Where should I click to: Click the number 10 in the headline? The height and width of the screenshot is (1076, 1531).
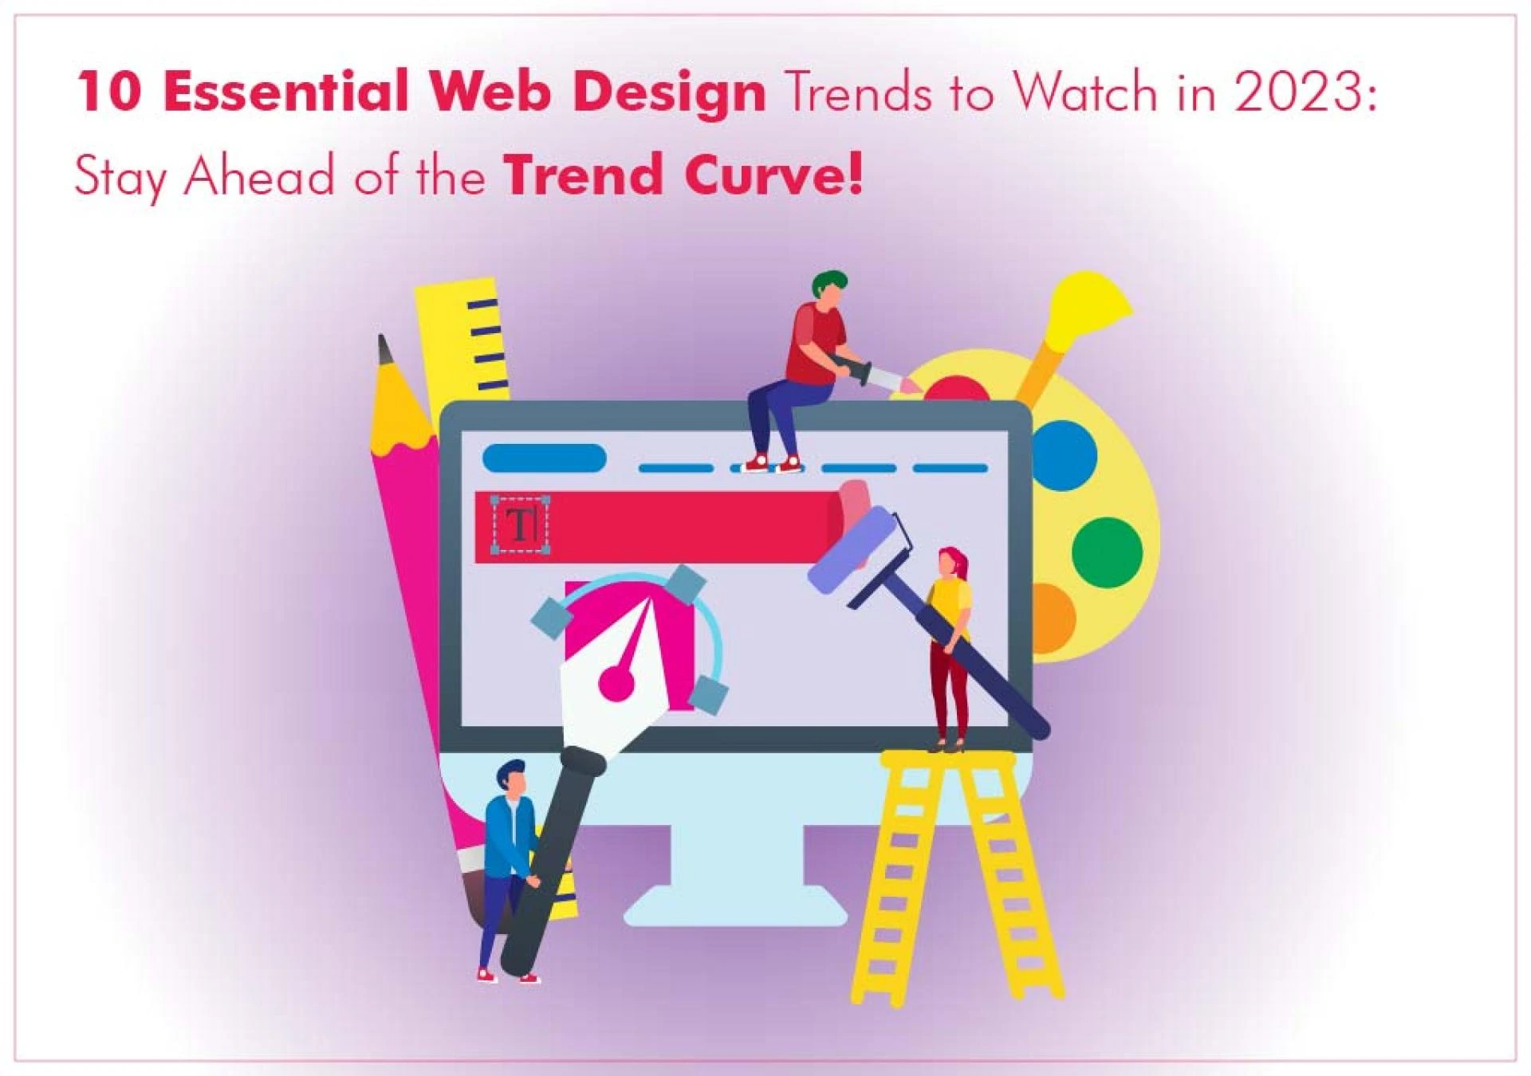coord(109,92)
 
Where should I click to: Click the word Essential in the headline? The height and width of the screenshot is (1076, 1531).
coord(293,92)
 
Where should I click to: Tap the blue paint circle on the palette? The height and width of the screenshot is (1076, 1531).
coord(1065,456)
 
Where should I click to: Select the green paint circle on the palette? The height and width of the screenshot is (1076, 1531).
coord(1106,552)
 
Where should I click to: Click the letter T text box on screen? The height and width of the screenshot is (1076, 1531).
coord(521,525)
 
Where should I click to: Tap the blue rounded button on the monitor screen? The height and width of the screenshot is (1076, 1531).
coord(544,458)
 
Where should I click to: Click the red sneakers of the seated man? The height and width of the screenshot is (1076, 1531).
coord(772,463)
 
